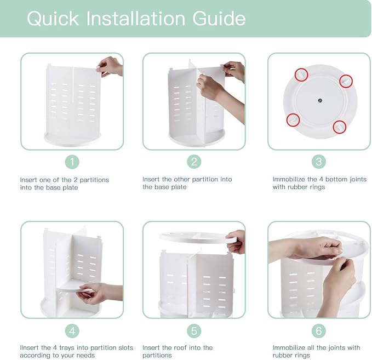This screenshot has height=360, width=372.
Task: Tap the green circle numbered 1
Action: click(x=72, y=162)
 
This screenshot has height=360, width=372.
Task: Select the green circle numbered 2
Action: click(x=194, y=162)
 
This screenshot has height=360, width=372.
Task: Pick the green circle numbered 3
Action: click(x=319, y=162)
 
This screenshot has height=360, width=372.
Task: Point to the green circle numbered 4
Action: click(x=72, y=331)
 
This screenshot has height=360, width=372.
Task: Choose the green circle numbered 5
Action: click(x=194, y=331)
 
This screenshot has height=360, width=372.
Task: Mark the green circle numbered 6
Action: click(x=319, y=331)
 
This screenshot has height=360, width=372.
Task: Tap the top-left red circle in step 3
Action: click(x=301, y=73)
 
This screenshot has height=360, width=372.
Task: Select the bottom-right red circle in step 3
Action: click(x=340, y=127)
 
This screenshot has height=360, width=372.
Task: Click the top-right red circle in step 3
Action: click(x=346, y=81)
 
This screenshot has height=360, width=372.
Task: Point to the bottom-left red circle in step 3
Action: click(x=293, y=119)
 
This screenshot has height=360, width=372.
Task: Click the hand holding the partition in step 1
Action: click(x=110, y=66)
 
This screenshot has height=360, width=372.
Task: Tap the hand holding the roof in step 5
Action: click(x=237, y=242)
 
